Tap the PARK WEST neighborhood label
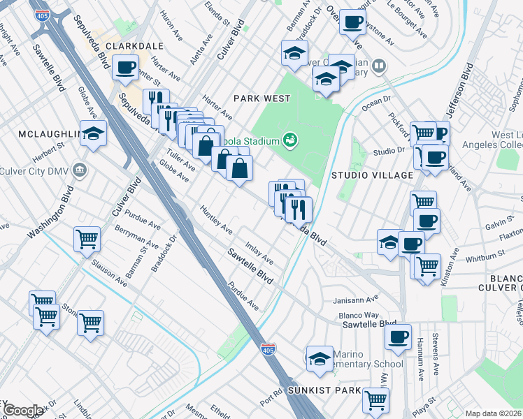(x=261, y=98)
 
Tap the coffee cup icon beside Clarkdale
(x=124, y=68)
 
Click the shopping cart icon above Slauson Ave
(x=87, y=240)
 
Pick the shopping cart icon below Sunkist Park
(x=375, y=401)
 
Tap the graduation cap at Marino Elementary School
(x=319, y=358)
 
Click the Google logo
(x=22, y=411)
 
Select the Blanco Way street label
(x=358, y=316)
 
